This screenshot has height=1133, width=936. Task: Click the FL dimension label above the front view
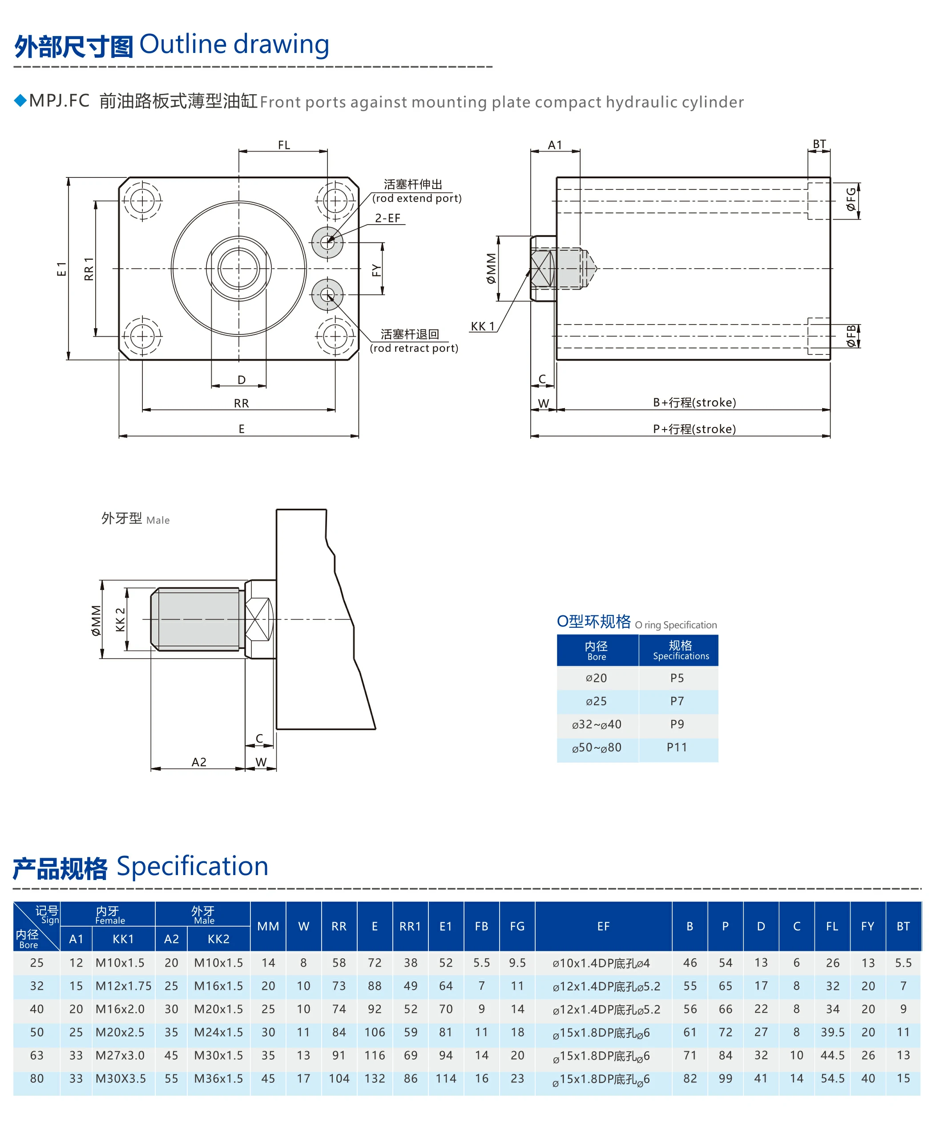pyautogui.click(x=284, y=145)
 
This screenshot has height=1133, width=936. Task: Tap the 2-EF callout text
pyautogui.click(x=387, y=218)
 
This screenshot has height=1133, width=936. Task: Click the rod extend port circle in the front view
pyautogui.click(x=327, y=242)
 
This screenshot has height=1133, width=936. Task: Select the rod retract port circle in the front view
pyautogui.click(x=327, y=295)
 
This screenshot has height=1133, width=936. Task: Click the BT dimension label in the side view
pyautogui.click(x=819, y=144)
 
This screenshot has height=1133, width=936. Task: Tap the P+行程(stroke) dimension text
pyautogui.click(x=694, y=429)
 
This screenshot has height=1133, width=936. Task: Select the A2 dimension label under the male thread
pyautogui.click(x=199, y=762)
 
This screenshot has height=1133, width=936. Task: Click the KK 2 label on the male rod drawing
pyautogui.click(x=120, y=619)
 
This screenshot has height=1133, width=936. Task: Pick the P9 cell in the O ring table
pyautogui.click(x=677, y=724)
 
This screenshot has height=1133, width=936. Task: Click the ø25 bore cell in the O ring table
pyautogui.click(x=596, y=701)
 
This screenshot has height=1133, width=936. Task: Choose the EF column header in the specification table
pyautogui.click(x=603, y=926)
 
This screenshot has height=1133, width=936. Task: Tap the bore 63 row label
pyautogui.click(x=36, y=1055)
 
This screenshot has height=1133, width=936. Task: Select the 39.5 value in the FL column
pyautogui.click(x=832, y=1032)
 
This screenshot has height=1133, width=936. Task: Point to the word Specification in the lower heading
pyautogui.click(x=193, y=866)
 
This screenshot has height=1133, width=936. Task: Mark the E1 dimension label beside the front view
pyautogui.click(x=61, y=269)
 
